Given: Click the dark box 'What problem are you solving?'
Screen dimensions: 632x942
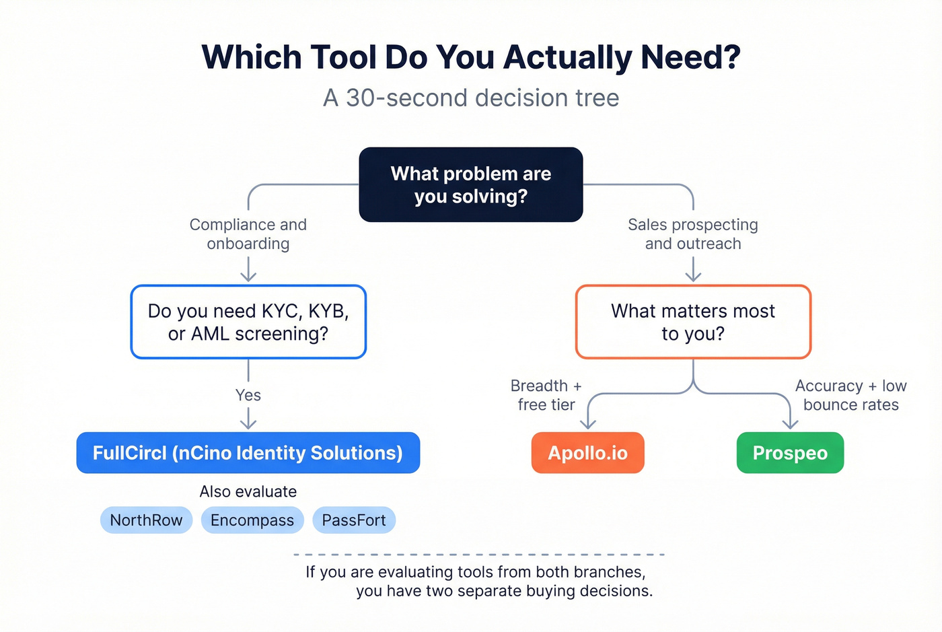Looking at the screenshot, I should click(x=471, y=184).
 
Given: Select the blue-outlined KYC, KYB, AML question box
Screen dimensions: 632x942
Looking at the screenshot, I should click(x=248, y=322).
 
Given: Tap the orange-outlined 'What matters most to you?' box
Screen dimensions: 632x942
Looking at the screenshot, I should click(x=693, y=322).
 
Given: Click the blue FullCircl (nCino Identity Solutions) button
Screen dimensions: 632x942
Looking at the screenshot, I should click(x=248, y=453).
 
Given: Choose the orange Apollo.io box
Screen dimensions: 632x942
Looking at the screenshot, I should click(x=587, y=453).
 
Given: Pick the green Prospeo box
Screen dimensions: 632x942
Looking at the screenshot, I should click(x=790, y=453).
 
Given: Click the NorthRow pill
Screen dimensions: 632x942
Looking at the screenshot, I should click(x=146, y=520).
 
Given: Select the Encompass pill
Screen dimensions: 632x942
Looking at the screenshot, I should click(x=252, y=520).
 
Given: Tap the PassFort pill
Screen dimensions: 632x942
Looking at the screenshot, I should click(x=354, y=520).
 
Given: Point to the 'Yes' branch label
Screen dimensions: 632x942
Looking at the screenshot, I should click(x=248, y=395).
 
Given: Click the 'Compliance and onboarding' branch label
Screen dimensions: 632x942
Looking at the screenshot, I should click(x=248, y=234).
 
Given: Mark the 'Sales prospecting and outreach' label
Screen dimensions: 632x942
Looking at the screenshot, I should click(x=693, y=234).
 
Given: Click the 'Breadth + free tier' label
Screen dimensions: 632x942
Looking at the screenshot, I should click(x=546, y=395).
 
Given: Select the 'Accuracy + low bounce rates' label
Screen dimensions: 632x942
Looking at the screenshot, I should click(x=850, y=395).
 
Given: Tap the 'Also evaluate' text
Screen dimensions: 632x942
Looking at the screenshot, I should click(x=248, y=491).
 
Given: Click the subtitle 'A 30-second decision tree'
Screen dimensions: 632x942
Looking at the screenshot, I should click(x=471, y=98).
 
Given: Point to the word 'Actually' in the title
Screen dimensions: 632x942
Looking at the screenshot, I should click(x=569, y=57).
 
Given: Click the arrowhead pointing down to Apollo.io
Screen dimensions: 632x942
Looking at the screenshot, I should click(x=588, y=424).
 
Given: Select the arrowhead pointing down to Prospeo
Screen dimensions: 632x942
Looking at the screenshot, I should click(x=791, y=424).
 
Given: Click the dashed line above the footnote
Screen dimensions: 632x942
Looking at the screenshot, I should click(x=479, y=555).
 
